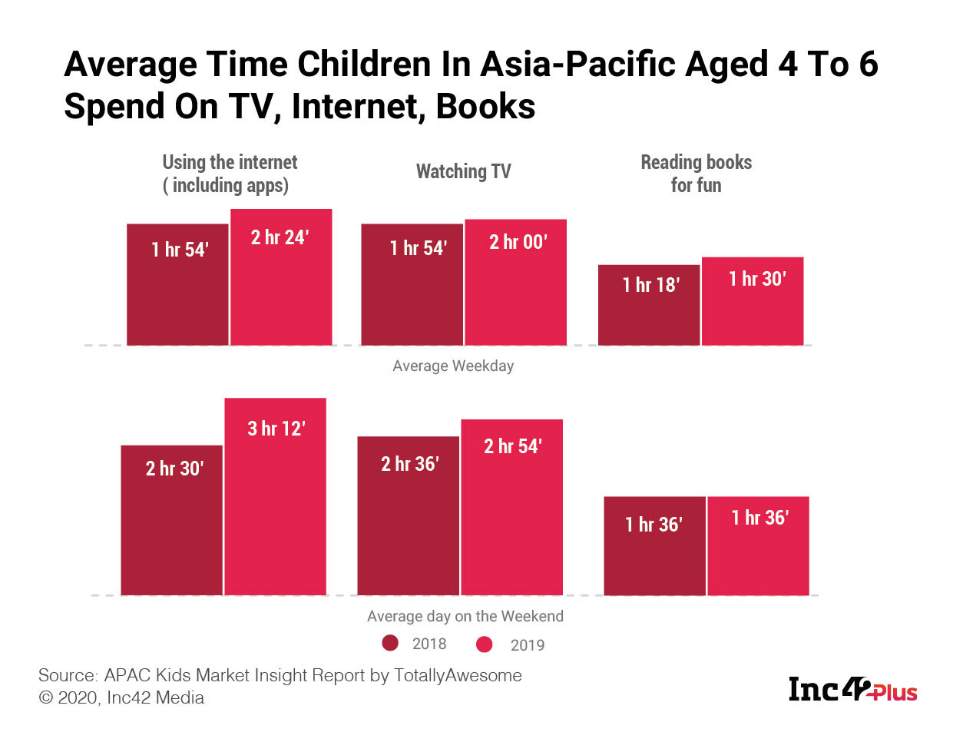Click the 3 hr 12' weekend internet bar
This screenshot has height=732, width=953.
[275, 496]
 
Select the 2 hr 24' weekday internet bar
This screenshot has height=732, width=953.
[281, 277]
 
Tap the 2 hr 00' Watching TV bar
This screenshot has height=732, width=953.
[515, 283]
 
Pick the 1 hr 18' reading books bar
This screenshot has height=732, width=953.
[649, 305]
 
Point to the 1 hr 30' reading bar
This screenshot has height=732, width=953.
[753, 301]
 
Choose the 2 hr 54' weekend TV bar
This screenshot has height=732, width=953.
[511, 507]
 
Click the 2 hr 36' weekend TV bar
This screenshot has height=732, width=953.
[409, 515]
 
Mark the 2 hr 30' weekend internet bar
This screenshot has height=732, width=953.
[172, 520]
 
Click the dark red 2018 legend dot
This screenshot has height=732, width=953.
[390, 643]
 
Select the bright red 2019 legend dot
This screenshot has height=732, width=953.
[484, 644]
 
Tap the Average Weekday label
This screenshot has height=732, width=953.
[453, 366]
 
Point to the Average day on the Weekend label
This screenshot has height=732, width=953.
[465, 616]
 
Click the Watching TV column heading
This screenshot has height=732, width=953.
[463, 171]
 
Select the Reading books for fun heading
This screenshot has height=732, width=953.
[696, 174]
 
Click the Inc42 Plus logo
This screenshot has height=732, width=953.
[852, 689]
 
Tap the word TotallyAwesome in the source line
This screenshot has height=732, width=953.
[458, 675]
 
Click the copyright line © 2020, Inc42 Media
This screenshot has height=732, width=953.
[121, 697]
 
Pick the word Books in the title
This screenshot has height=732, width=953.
[485, 107]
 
